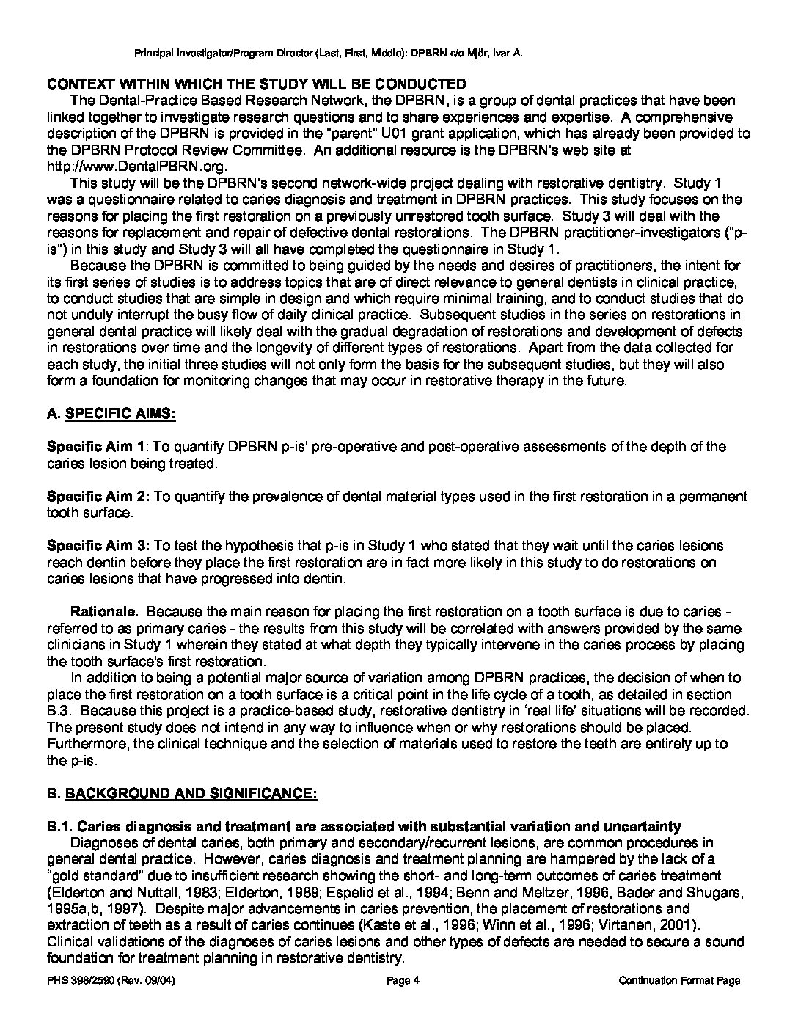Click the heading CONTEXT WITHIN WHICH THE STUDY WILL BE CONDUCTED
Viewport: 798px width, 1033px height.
click(256, 84)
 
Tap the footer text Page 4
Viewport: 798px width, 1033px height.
click(402, 981)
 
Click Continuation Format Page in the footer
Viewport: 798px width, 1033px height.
click(679, 981)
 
